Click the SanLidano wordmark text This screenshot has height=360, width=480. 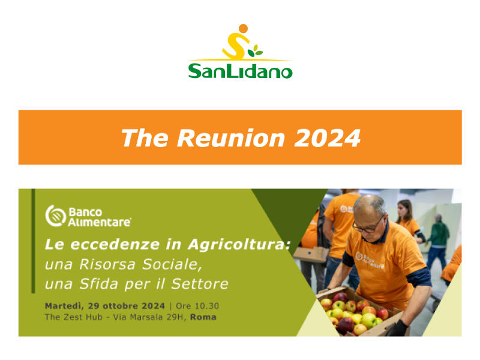coord(241,71)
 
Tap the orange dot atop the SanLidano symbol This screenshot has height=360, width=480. coord(243,28)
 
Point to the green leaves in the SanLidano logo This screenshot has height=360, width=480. coord(254,51)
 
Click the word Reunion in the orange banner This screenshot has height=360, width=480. coord(231,138)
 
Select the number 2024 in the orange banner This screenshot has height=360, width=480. coord(327,138)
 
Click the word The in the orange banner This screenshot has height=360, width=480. coord(145,138)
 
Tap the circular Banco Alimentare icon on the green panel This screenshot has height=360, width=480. coord(55,216)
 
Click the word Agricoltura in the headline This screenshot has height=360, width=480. coord(239,245)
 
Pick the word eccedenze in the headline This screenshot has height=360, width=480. coord(115,245)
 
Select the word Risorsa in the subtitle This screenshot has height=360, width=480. coord(107,264)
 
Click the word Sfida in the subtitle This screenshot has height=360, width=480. coord(98,284)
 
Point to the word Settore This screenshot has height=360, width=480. coord(200,284)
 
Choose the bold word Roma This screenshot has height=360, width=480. coord(203,317)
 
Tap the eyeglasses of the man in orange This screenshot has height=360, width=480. coord(367,226)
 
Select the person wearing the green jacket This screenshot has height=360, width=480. coord(439,242)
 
